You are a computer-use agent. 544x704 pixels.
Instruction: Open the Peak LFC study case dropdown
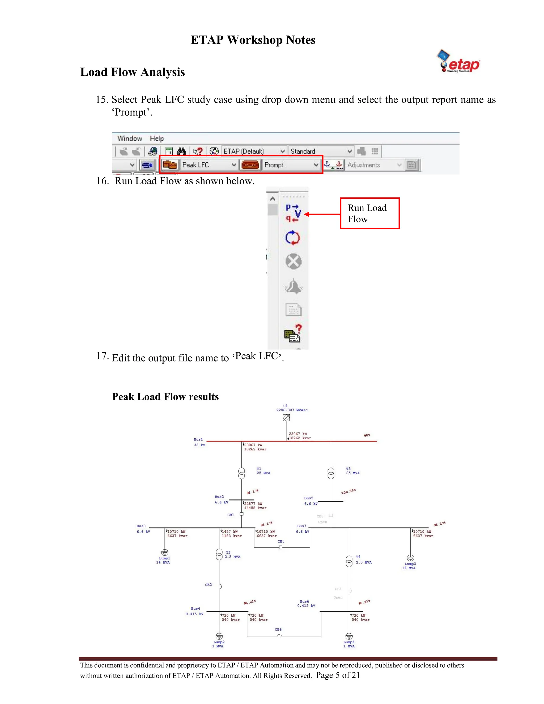pyautogui.click(x=234, y=165)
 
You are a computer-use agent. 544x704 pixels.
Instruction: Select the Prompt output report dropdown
pyautogui.click(x=316, y=165)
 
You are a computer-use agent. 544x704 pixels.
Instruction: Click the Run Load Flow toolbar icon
pyautogui.click(x=293, y=213)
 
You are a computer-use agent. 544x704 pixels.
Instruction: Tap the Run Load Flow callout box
pyautogui.click(x=370, y=213)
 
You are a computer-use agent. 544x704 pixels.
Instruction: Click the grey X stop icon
pyautogui.click(x=293, y=261)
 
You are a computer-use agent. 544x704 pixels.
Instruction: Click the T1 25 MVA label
pyautogui.click(x=263, y=471)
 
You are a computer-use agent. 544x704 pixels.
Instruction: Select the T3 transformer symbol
pyautogui.click(x=331, y=473)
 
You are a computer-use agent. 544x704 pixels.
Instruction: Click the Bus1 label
pyautogui.click(x=198, y=439)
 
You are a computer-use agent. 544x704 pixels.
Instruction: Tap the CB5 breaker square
pyautogui.click(x=281, y=547)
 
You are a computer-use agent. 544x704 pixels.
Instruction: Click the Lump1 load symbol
pyautogui.click(x=165, y=553)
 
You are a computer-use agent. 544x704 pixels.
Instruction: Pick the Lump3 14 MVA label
pyautogui.click(x=409, y=566)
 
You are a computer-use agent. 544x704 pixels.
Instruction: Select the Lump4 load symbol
pyautogui.click(x=349, y=636)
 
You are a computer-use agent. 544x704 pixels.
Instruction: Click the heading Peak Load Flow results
pyautogui.click(x=165, y=397)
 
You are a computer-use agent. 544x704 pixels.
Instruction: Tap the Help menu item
pyautogui.click(x=157, y=139)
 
